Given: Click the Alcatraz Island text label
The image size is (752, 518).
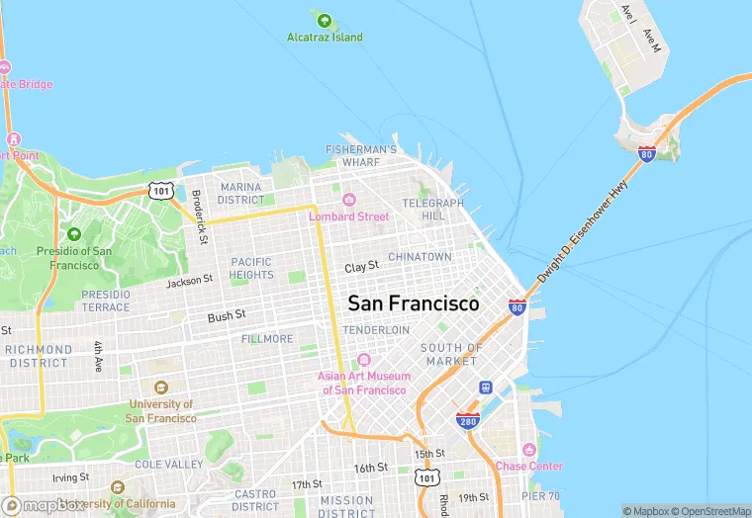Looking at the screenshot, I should click(325, 38).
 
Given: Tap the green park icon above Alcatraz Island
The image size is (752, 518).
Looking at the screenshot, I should click(324, 18).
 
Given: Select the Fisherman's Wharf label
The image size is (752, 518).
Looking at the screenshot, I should click(361, 156).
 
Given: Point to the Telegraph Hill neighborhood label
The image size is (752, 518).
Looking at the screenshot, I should click(432, 210).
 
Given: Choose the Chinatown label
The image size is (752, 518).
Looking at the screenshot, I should click(420, 257).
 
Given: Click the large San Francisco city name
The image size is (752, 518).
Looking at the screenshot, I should click(413, 302).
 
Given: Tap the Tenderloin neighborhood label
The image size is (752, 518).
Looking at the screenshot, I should click(376, 329).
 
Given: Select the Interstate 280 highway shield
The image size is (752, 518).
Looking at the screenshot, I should click(468, 420).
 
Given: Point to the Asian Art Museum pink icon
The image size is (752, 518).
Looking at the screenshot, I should click(363, 360).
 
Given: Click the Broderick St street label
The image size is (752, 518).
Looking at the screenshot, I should click(199, 217).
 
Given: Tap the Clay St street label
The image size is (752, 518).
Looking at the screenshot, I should click(361, 268).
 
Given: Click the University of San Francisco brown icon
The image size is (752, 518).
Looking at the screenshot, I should click(161, 388).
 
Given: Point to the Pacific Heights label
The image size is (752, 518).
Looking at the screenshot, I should click(251, 268).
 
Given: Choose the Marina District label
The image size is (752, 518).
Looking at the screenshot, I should click(241, 193).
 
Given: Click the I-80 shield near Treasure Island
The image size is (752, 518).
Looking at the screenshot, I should click(646, 153).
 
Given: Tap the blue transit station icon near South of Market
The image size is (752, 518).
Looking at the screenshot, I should click(485, 388).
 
